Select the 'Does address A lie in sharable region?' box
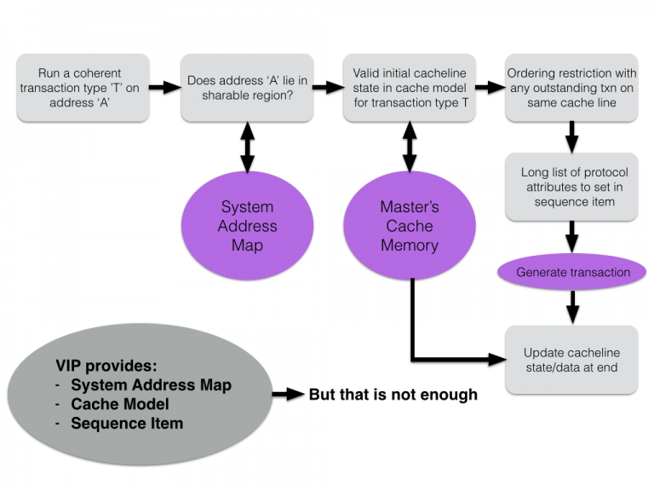(x=247, y=86)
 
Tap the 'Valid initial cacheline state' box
(x=409, y=86)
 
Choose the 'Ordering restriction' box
(x=571, y=86)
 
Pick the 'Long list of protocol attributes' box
(x=571, y=187)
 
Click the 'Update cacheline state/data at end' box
(x=571, y=360)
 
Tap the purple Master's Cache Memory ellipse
(x=410, y=226)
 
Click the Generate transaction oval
(x=572, y=273)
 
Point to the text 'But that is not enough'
(x=393, y=395)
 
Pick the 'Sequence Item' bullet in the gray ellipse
(x=127, y=423)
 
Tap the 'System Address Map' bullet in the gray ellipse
(x=151, y=384)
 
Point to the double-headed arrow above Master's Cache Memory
(x=410, y=150)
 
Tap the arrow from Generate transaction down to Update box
(x=572, y=305)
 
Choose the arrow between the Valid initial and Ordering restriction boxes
(x=490, y=86)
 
